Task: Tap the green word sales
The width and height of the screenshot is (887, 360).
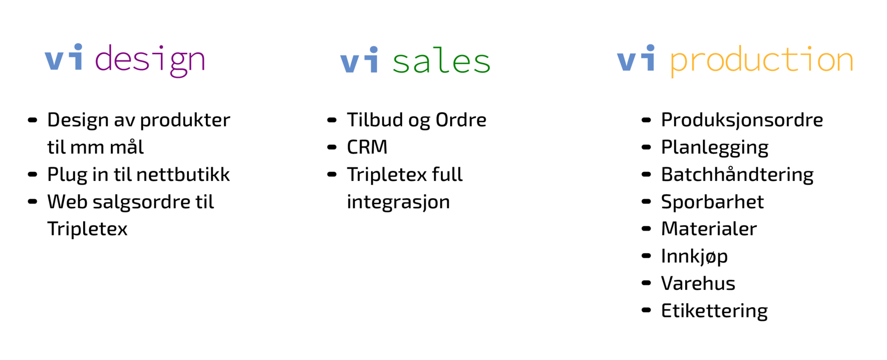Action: tap(441, 61)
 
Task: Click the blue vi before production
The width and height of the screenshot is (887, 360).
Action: tap(636, 58)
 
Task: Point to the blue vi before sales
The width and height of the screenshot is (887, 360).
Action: tap(360, 60)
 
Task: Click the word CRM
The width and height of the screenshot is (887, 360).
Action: tap(367, 147)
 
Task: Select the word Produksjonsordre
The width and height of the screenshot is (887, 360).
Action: tap(742, 120)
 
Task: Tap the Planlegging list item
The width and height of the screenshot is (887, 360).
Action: tap(715, 147)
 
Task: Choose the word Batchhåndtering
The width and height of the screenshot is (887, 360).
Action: tap(737, 175)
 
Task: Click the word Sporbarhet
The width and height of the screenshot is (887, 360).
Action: tap(712, 202)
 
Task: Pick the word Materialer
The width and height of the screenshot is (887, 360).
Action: tap(709, 228)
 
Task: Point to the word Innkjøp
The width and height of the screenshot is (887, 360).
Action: tap(695, 256)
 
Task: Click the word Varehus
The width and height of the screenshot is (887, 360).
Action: tap(698, 283)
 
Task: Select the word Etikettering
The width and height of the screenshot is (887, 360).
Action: tap(714, 311)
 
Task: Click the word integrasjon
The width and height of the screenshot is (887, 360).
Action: tap(398, 202)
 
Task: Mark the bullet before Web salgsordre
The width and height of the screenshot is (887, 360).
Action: tap(33, 201)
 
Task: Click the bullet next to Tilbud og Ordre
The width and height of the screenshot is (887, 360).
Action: tap(332, 120)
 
